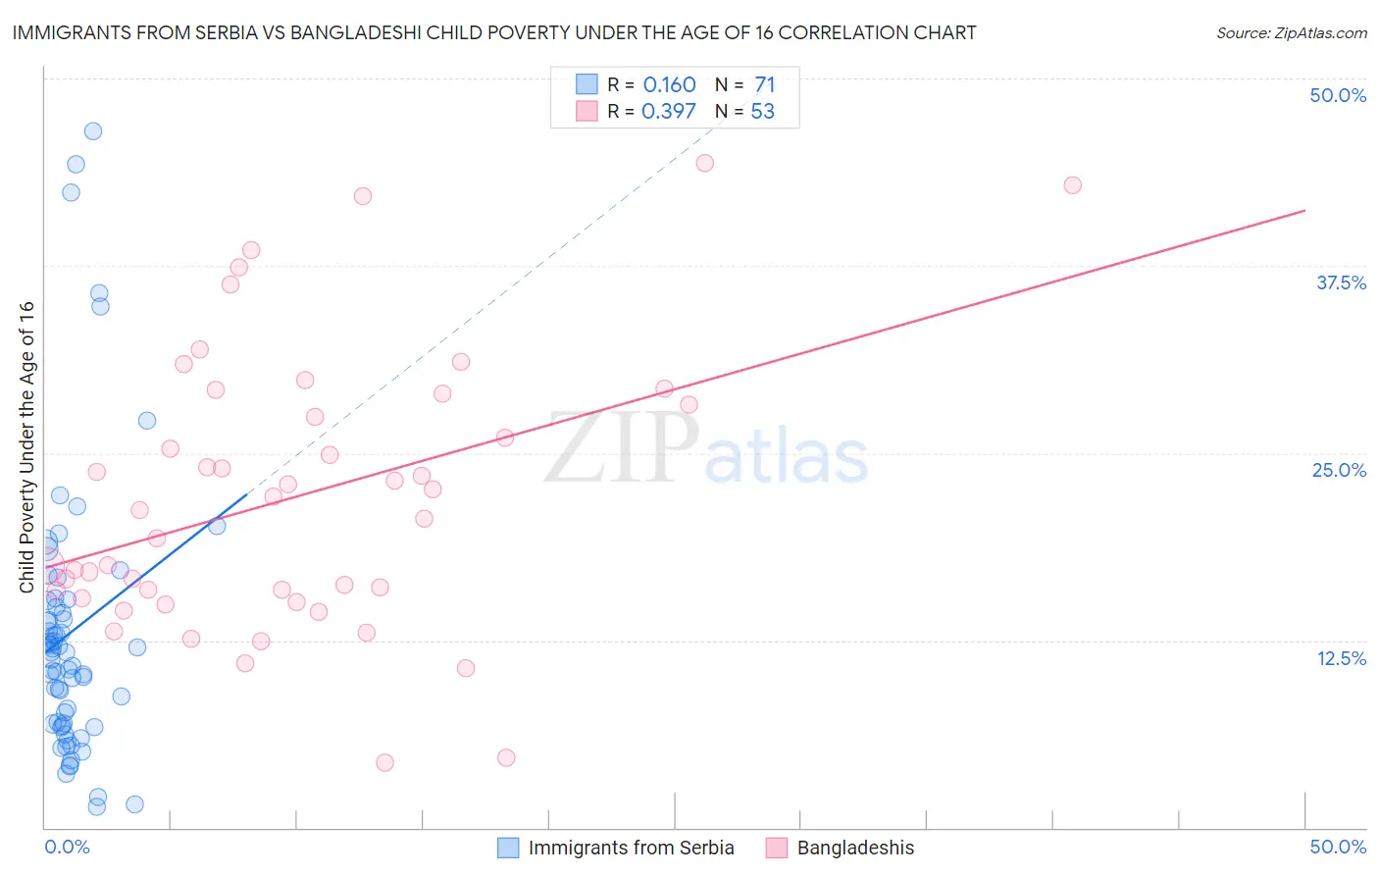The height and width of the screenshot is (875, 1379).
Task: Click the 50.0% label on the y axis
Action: (1338, 95)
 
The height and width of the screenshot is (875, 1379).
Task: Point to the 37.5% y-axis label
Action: (1341, 283)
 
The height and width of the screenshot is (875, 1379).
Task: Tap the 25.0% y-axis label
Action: (1339, 470)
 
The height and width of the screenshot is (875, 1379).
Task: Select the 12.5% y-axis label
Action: (1341, 658)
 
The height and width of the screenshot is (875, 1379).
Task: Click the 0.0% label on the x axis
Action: (67, 847)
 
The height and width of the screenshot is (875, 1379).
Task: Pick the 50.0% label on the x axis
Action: (1338, 847)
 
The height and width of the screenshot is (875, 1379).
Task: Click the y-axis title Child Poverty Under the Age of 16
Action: (26, 446)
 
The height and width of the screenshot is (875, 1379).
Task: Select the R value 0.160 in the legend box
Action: (669, 84)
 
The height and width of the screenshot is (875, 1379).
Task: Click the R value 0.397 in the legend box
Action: (669, 111)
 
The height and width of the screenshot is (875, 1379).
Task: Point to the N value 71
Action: (764, 84)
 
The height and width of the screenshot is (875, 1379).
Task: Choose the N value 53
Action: (762, 111)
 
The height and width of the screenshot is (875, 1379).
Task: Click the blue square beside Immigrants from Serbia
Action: (507, 848)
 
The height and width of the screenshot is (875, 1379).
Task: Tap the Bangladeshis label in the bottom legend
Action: (855, 848)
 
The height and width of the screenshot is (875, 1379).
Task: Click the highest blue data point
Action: (93, 131)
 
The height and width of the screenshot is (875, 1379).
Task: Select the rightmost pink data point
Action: (1072, 185)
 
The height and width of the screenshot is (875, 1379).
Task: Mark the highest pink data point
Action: (704, 163)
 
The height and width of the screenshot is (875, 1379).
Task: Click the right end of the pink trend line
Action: (1304, 211)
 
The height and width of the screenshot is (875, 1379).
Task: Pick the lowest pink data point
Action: (384, 762)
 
